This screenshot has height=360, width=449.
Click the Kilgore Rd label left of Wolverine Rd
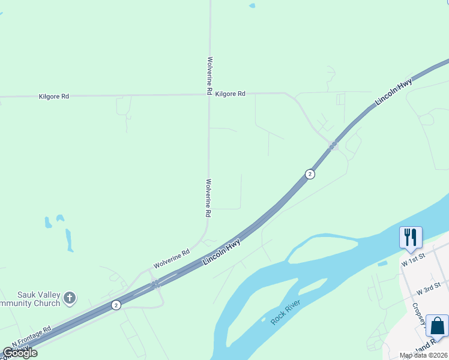[x=53, y=96]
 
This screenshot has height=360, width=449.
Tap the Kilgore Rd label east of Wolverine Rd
[x=230, y=94]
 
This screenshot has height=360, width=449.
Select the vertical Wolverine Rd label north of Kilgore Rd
[x=209, y=76]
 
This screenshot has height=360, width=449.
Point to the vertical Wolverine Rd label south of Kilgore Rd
[x=208, y=198]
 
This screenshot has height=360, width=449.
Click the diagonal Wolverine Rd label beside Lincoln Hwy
[x=171, y=259]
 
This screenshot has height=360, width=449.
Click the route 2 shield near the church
[x=116, y=305]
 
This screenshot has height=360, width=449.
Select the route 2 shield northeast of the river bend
[x=310, y=174]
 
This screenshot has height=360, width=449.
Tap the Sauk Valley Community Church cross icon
[x=70, y=297]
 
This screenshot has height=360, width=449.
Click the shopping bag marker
[x=438, y=326]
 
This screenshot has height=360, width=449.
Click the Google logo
[x=20, y=353]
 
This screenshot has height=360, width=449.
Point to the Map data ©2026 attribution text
[x=423, y=355]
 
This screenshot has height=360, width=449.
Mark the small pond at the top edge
[x=252, y=6]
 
